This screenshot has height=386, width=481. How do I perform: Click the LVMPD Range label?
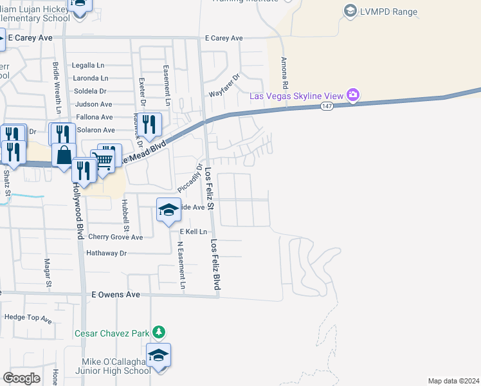(388, 12)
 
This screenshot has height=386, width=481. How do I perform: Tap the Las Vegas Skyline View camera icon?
(352, 96)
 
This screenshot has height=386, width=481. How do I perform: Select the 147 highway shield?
(327, 107)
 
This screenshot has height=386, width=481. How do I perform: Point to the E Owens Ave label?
(116, 295)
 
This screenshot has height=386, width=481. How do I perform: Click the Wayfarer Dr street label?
(224, 86)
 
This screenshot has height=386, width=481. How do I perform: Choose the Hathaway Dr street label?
(107, 253)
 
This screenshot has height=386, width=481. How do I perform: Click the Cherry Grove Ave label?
(115, 237)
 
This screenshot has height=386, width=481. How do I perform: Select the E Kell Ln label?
(195, 231)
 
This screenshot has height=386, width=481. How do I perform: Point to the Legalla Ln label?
(88, 66)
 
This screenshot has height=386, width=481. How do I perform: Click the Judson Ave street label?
(93, 104)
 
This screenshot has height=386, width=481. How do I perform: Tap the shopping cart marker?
(102, 160)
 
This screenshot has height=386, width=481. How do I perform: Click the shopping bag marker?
(64, 155)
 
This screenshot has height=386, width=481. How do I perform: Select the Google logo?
(22, 378)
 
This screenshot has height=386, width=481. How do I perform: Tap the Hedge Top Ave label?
(28, 317)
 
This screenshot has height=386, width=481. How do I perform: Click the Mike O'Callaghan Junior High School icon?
(158, 355)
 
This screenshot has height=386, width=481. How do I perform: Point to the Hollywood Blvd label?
(78, 210)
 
